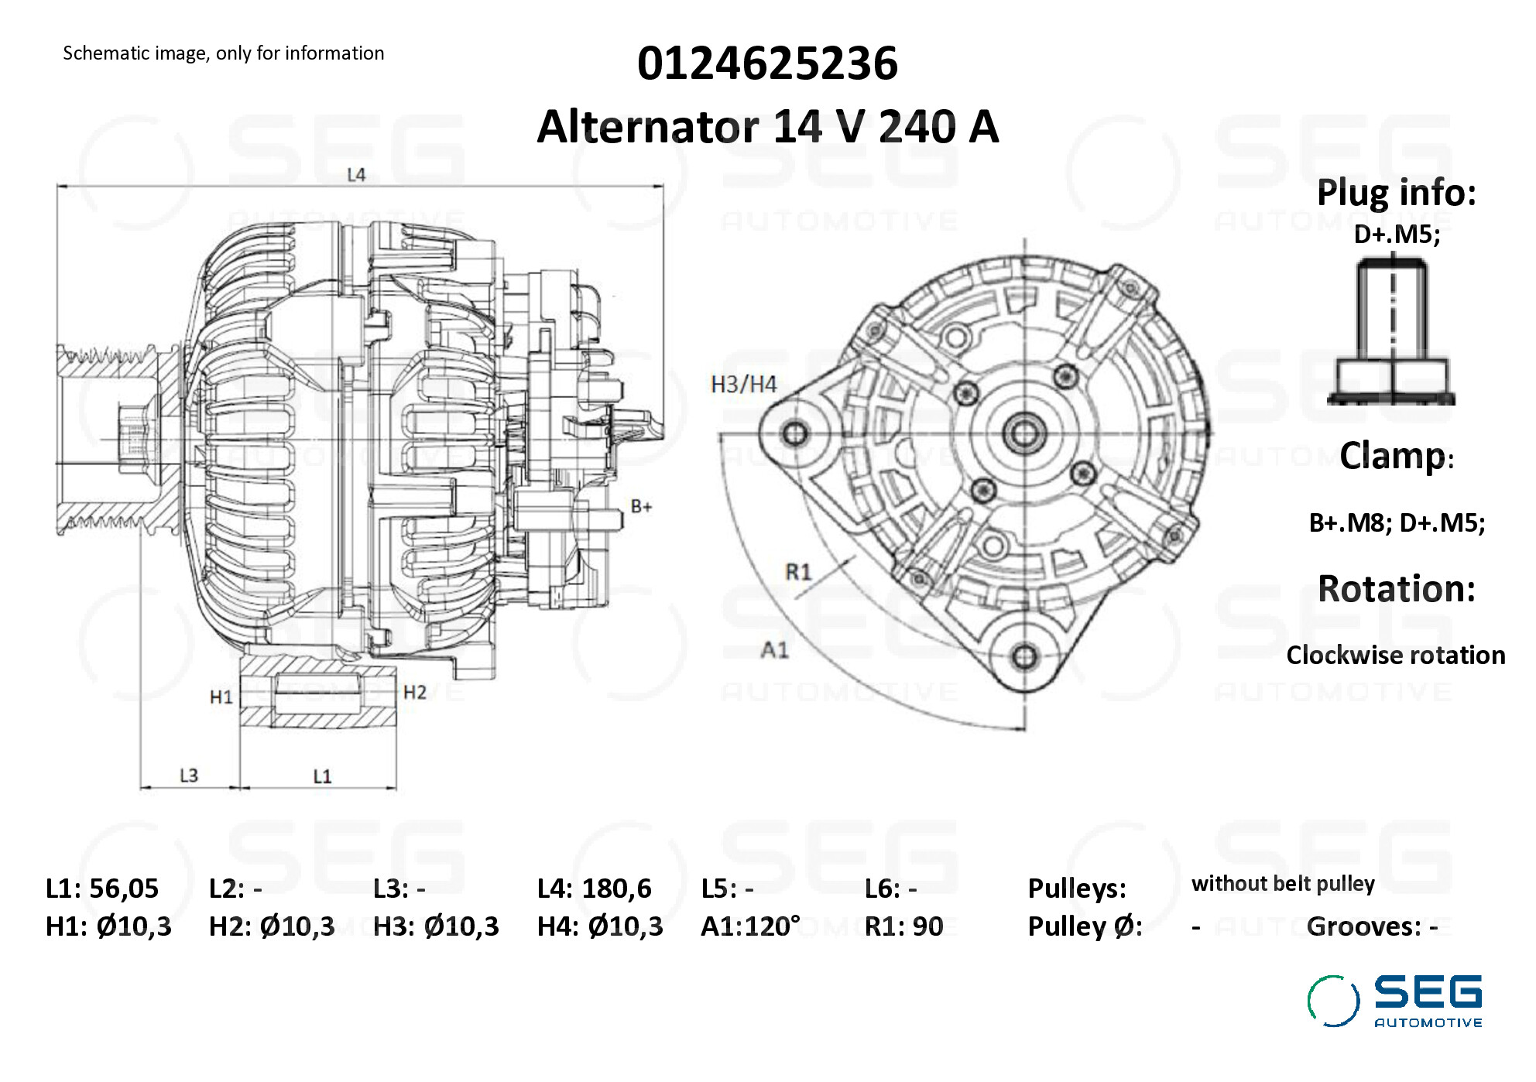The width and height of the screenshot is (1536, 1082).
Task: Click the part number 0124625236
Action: [767, 63]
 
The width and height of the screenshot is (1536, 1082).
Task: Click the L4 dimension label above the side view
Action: [356, 175]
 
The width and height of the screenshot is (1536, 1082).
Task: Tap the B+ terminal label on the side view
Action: [641, 506]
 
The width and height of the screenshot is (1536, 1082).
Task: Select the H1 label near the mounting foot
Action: [221, 697]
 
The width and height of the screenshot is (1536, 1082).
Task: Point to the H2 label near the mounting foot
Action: [415, 692]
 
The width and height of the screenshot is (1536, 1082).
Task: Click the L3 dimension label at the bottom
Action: [189, 775]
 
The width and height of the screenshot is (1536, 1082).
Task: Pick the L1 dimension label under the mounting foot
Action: [322, 776]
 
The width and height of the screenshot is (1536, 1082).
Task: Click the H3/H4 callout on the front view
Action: [743, 384]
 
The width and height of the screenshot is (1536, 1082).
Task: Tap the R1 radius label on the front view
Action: [798, 572]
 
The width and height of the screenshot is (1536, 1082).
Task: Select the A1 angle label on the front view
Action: [774, 649]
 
